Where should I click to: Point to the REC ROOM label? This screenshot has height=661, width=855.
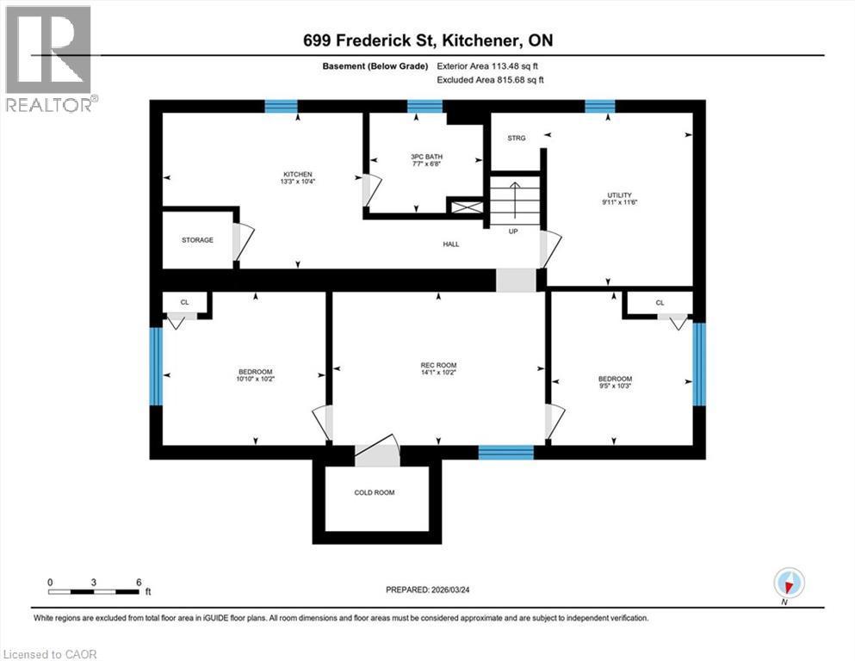point(438,365)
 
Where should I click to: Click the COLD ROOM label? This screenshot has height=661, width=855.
point(375,493)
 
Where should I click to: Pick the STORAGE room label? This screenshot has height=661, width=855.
point(197,239)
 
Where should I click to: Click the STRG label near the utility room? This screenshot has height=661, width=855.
point(517,137)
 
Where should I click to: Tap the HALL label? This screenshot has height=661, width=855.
point(450,244)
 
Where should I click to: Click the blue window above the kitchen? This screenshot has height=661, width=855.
point(281,107)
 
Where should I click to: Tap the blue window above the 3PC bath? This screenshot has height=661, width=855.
point(424,107)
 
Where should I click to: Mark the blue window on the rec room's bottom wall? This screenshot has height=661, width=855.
point(505,452)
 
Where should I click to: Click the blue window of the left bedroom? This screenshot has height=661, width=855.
point(156,366)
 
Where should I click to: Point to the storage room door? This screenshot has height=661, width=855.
point(242,244)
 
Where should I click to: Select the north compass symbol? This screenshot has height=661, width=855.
point(789,583)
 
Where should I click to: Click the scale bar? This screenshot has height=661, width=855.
point(94,591)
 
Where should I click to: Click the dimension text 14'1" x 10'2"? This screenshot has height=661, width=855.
point(438,374)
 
